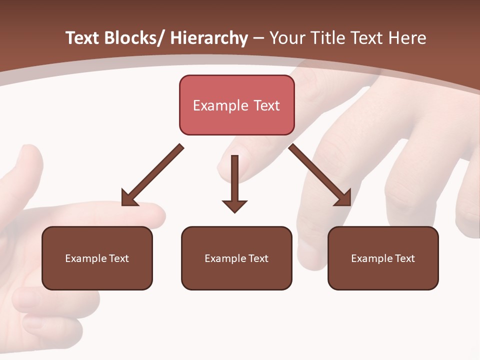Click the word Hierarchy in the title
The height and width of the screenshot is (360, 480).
point(209,38)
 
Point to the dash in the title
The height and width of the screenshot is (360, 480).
point(258,39)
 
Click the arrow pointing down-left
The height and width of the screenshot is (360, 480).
point(152,175)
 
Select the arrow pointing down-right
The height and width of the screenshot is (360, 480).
point(320,175)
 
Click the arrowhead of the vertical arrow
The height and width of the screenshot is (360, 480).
point(235,205)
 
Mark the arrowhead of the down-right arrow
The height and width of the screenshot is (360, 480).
point(343,198)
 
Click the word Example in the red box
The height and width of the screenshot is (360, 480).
point(220,105)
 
